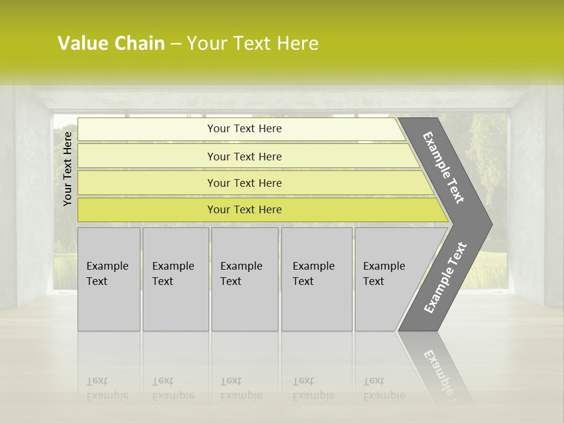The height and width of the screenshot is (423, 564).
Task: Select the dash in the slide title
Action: (x=176, y=44)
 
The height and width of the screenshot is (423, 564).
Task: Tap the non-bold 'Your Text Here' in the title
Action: (x=252, y=43)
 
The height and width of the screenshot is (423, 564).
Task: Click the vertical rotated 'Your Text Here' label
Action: (x=68, y=169)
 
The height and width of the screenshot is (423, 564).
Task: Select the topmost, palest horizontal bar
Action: (x=244, y=129)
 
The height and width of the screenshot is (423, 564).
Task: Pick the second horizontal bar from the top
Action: (x=244, y=156)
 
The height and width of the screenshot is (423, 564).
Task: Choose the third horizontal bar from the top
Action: (x=244, y=183)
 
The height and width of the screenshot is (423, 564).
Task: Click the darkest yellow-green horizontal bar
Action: (x=244, y=210)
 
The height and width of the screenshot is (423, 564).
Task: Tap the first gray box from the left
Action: (x=109, y=279)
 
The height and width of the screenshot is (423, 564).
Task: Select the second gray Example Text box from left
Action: (x=176, y=279)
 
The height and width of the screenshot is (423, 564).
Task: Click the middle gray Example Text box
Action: (x=244, y=279)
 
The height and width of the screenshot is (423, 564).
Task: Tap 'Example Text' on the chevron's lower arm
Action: (x=445, y=278)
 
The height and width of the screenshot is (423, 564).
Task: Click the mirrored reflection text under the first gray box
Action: (x=108, y=389)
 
